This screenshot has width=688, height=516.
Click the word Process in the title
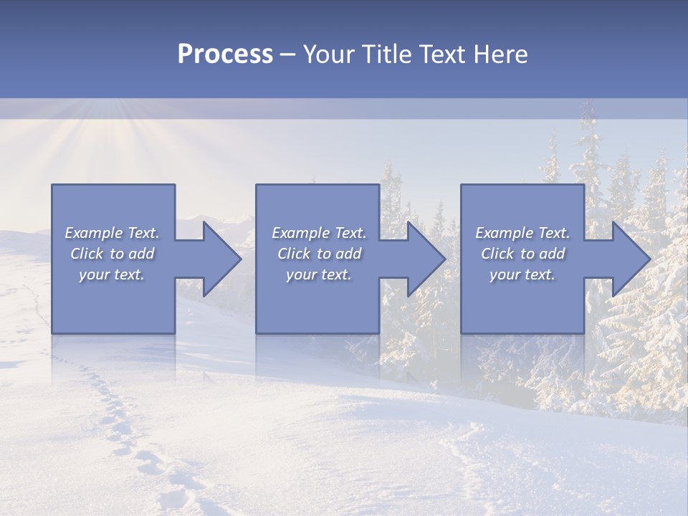click(x=225, y=54)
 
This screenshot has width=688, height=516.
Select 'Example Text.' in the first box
click(x=112, y=233)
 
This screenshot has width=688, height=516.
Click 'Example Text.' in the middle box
click(x=319, y=233)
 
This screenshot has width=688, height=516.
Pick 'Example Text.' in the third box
click(x=522, y=233)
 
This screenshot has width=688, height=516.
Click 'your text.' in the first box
click(x=112, y=274)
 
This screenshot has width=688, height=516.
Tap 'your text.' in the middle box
click(x=319, y=274)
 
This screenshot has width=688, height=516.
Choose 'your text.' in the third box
click(x=522, y=274)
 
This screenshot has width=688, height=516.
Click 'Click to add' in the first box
click(x=112, y=254)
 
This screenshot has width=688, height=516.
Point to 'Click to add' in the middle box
click(x=319, y=254)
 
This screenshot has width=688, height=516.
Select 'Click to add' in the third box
click(x=522, y=254)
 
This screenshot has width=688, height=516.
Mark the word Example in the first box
click(x=93, y=233)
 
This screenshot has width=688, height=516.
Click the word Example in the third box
click(x=504, y=233)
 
